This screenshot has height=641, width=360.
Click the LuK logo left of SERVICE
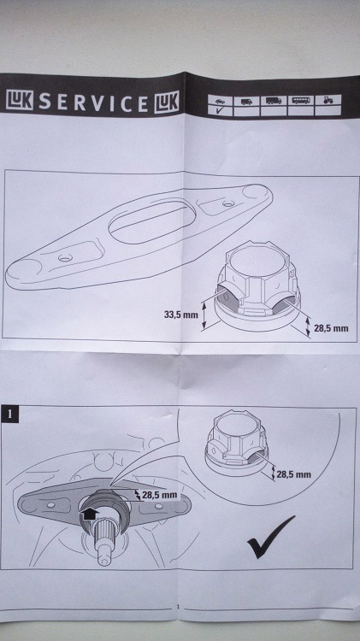click(20, 100)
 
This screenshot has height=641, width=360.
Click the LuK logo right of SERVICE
click(167, 102)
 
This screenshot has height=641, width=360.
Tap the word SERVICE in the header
click(93, 103)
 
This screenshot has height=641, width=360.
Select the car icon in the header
click(220, 101)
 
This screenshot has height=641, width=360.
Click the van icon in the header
click(246, 101)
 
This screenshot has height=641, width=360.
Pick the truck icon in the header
click(274, 100)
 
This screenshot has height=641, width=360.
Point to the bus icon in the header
click(301, 100)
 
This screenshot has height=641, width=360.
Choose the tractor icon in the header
click(328, 100)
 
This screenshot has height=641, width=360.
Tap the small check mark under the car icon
click(220, 110)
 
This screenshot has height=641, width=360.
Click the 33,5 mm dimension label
click(180, 315)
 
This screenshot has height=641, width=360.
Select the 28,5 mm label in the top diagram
click(331, 328)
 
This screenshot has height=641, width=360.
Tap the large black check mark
click(270, 537)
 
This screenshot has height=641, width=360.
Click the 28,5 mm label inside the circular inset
click(293, 474)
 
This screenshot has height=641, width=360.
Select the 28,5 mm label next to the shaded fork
click(160, 495)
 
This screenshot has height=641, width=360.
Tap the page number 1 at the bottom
click(178, 607)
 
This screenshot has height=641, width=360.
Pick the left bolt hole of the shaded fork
click(50, 505)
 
